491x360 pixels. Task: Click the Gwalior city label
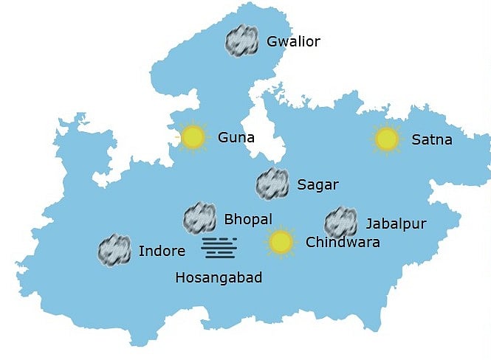pos(293,41)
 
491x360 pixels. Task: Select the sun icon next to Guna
pos(193,136)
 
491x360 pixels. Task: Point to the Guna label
pos(236,137)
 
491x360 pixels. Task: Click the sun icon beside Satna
pos(386,138)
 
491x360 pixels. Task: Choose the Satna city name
pos(432,139)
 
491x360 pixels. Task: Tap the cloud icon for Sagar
pos(272,184)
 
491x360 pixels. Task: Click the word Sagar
pos(317,184)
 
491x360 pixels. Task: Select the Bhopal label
pos(247,219)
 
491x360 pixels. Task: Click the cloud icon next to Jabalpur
pos(340,222)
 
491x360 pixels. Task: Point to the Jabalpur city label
pos(396,224)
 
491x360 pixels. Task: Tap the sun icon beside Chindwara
pos(281,241)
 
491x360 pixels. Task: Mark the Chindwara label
pos(343,242)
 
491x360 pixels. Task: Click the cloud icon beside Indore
pos(114,250)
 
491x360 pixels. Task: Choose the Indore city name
pos(162,251)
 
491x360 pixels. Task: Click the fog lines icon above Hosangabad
pos(219,248)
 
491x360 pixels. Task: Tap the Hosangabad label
pos(219,278)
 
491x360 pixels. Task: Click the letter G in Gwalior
pos(272,41)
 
